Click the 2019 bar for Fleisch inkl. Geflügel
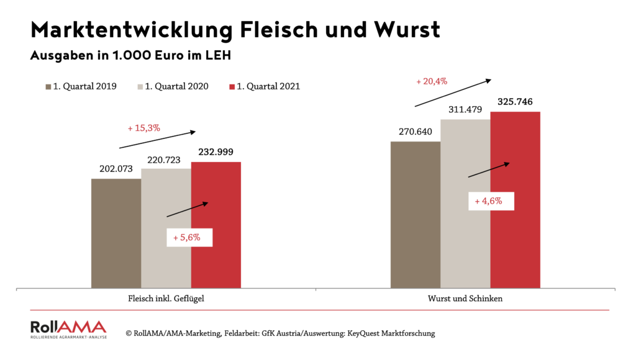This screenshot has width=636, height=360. (116, 233)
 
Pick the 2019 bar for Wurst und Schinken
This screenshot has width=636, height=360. (416, 215)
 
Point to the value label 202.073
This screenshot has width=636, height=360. (116, 168)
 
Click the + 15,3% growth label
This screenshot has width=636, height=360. (144, 128)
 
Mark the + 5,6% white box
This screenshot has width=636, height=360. (189, 237)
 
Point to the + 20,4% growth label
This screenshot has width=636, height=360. (432, 81)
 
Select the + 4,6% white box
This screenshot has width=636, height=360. (492, 201)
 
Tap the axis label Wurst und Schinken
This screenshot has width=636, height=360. (465, 299)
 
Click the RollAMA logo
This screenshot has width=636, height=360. (68, 330)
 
